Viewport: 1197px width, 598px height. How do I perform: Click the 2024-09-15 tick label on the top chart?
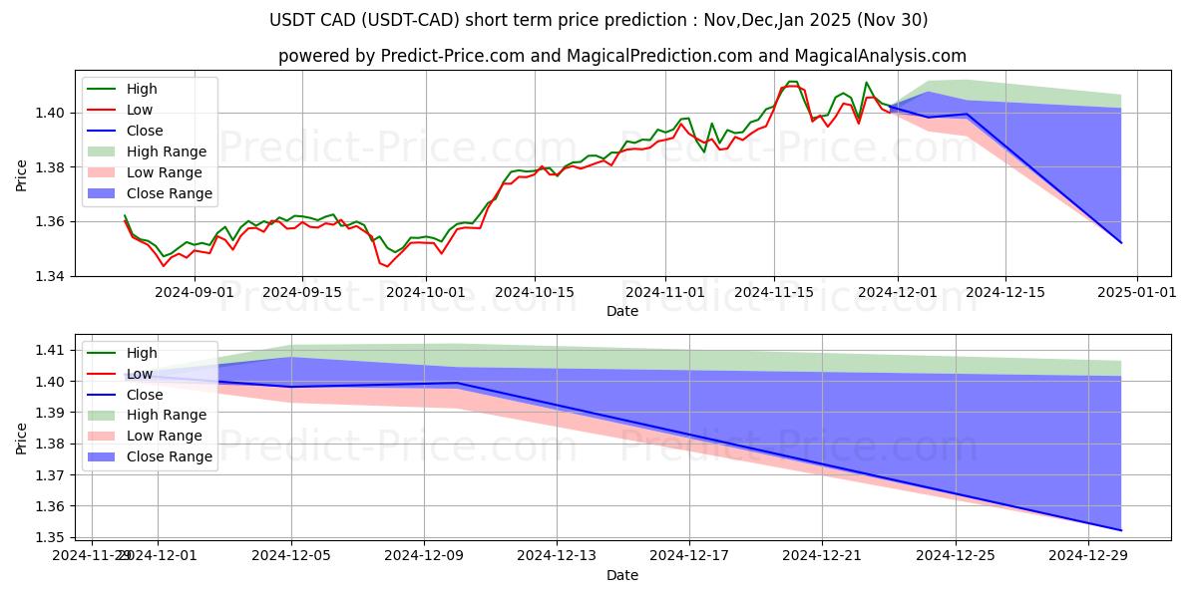[x=302, y=292]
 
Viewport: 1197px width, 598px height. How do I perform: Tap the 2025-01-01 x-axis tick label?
[x=1137, y=292]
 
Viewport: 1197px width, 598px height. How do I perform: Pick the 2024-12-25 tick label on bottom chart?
[x=956, y=555]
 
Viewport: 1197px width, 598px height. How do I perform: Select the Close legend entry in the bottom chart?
[x=145, y=395]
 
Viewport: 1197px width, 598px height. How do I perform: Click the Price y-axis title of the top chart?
[x=22, y=173]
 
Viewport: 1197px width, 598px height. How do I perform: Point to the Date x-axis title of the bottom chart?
[x=622, y=575]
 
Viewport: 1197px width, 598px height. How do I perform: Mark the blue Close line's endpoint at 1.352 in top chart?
[x=1121, y=243]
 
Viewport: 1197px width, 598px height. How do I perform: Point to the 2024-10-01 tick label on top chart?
[x=426, y=292]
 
